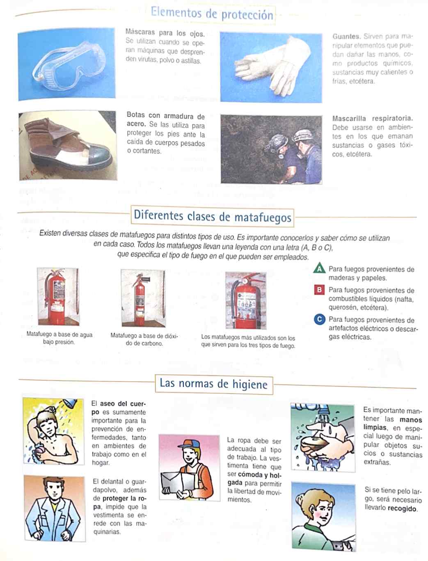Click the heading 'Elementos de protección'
tap(212, 14)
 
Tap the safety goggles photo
tap(66, 64)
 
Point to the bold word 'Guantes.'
tap(346, 36)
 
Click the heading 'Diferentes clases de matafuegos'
tap(212, 216)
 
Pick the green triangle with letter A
tap(319, 268)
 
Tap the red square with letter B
tap(319, 290)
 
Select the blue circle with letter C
tap(319, 319)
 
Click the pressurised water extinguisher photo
tap(58, 296)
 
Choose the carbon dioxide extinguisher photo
tap(143, 298)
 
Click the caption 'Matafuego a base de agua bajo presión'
tap(59, 338)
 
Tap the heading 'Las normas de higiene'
tap(214, 384)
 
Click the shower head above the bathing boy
tap(70, 403)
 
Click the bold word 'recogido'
tap(402, 508)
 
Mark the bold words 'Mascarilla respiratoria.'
tap(373, 118)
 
